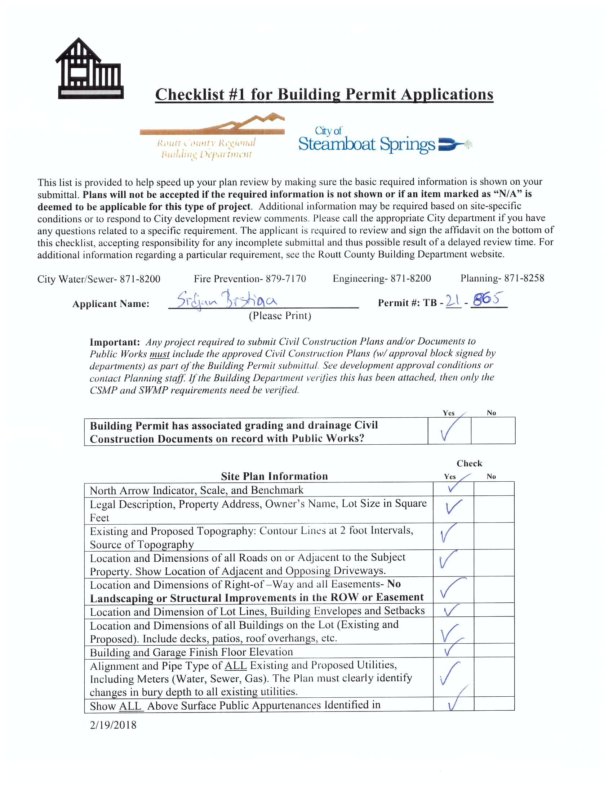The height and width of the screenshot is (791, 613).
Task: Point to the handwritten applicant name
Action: coord(227,300)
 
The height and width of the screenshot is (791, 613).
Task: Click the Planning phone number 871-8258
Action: coord(524,278)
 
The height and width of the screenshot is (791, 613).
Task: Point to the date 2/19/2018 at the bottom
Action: coord(113,725)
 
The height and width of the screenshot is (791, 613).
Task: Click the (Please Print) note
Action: coord(280,316)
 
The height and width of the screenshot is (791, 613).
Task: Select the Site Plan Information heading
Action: coord(274,476)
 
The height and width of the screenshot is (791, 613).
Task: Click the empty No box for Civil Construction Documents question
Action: coord(493,431)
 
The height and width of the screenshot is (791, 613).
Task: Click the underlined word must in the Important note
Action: coord(160,354)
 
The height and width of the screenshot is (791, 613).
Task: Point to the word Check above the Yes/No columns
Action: coord(469,463)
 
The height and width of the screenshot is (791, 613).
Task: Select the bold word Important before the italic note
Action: coord(115,342)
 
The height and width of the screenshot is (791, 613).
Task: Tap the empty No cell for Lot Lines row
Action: coord(494,611)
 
